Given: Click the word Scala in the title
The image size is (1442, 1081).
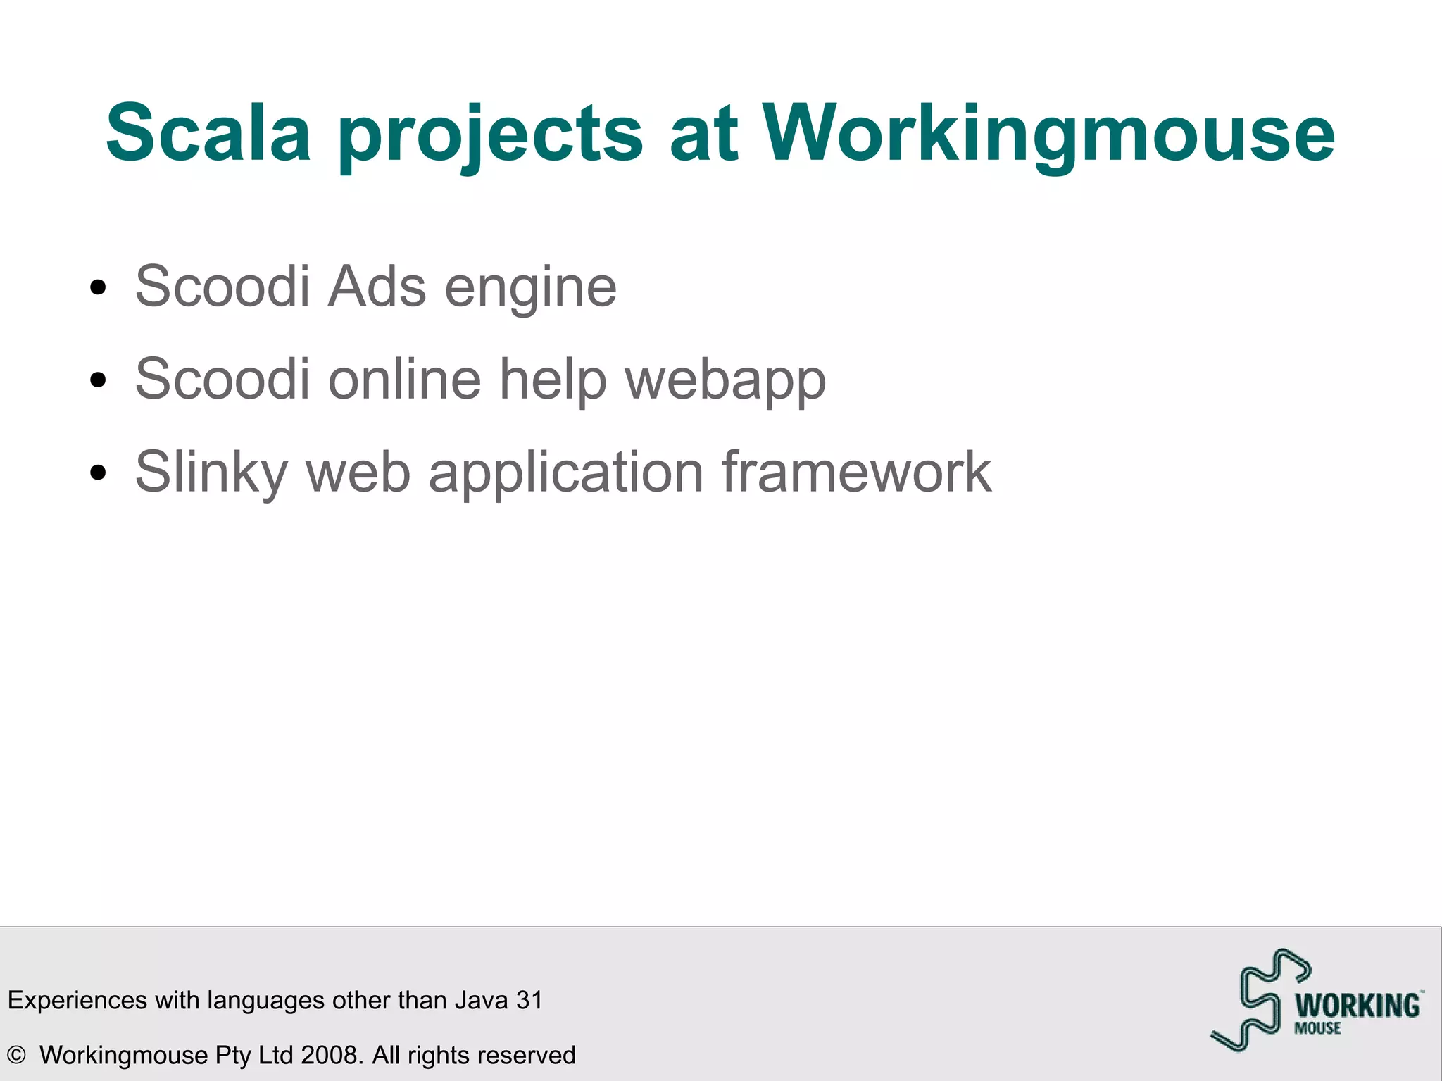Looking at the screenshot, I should [208, 133].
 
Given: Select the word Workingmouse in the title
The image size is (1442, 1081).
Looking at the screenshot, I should [1048, 134].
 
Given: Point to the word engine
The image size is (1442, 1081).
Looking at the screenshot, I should [531, 289].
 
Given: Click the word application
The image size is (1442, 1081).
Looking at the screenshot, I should [566, 473].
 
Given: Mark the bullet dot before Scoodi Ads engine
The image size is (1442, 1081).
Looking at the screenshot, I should [98, 287].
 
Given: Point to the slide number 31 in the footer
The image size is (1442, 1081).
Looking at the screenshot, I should [529, 1000].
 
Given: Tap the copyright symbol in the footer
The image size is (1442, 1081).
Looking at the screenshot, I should [16, 1055].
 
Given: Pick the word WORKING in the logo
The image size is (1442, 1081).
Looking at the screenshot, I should [1358, 1006].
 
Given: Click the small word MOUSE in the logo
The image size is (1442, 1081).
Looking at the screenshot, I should [1317, 1028].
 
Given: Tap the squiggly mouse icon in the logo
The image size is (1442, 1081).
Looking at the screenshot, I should [1258, 1000].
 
